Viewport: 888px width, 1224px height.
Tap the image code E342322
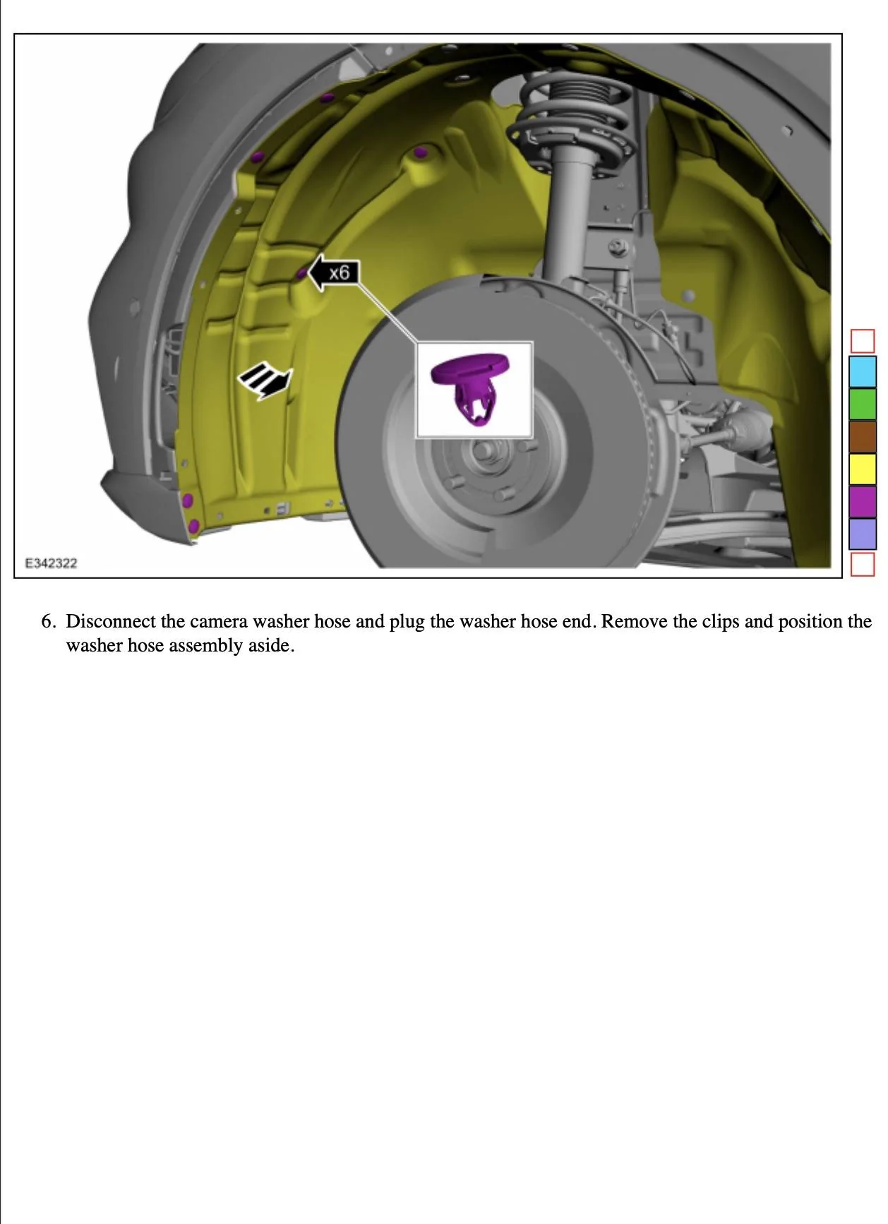pos(51,563)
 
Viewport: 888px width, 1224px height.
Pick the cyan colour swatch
pos(862,371)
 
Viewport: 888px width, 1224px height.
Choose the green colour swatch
pos(862,404)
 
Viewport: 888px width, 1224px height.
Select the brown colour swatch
pos(862,436)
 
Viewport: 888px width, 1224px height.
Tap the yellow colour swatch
pos(862,469)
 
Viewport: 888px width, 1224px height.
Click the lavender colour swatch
pos(862,534)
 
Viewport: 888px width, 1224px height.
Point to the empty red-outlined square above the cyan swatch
pos(863,341)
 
